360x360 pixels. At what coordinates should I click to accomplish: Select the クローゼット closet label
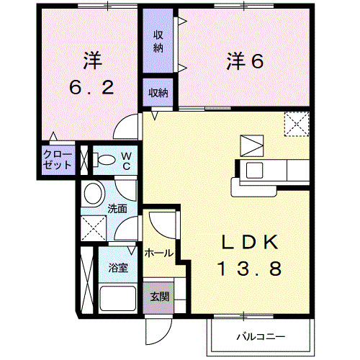pyautogui.click(x=58, y=159)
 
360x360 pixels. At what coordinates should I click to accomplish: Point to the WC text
pyautogui.click(x=125, y=160)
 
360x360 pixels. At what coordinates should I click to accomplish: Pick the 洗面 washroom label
pyautogui.click(x=117, y=208)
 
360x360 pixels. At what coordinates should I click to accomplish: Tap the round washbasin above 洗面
pyautogui.click(x=91, y=193)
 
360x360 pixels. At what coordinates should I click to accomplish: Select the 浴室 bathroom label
pyautogui.click(x=119, y=268)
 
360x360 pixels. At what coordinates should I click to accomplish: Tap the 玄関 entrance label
pyautogui.click(x=159, y=296)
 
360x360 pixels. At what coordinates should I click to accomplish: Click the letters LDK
pyautogui.click(x=248, y=241)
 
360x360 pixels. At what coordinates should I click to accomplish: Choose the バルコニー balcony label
pyautogui.click(x=261, y=336)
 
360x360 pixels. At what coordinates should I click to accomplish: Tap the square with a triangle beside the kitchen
pyautogui.click(x=251, y=145)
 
